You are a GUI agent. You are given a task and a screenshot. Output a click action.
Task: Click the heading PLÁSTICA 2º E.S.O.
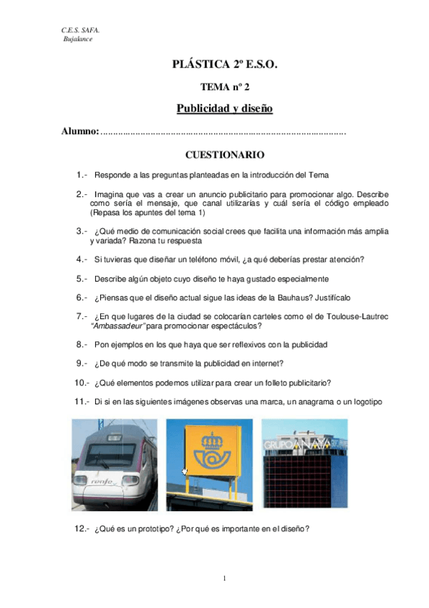click(223, 65)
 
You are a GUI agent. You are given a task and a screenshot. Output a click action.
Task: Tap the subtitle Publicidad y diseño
click(224, 109)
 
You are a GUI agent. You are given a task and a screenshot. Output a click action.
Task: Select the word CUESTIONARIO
click(225, 155)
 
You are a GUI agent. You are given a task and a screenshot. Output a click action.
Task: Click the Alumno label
click(79, 133)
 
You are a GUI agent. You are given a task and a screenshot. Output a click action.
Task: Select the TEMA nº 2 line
click(224, 87)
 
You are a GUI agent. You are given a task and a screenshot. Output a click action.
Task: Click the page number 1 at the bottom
click(224, 578)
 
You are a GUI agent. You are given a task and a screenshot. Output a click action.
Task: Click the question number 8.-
click(81, 344)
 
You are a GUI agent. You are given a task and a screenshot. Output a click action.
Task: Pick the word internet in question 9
click(268, 363)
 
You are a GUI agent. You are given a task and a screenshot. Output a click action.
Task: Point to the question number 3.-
click(81, 231)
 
